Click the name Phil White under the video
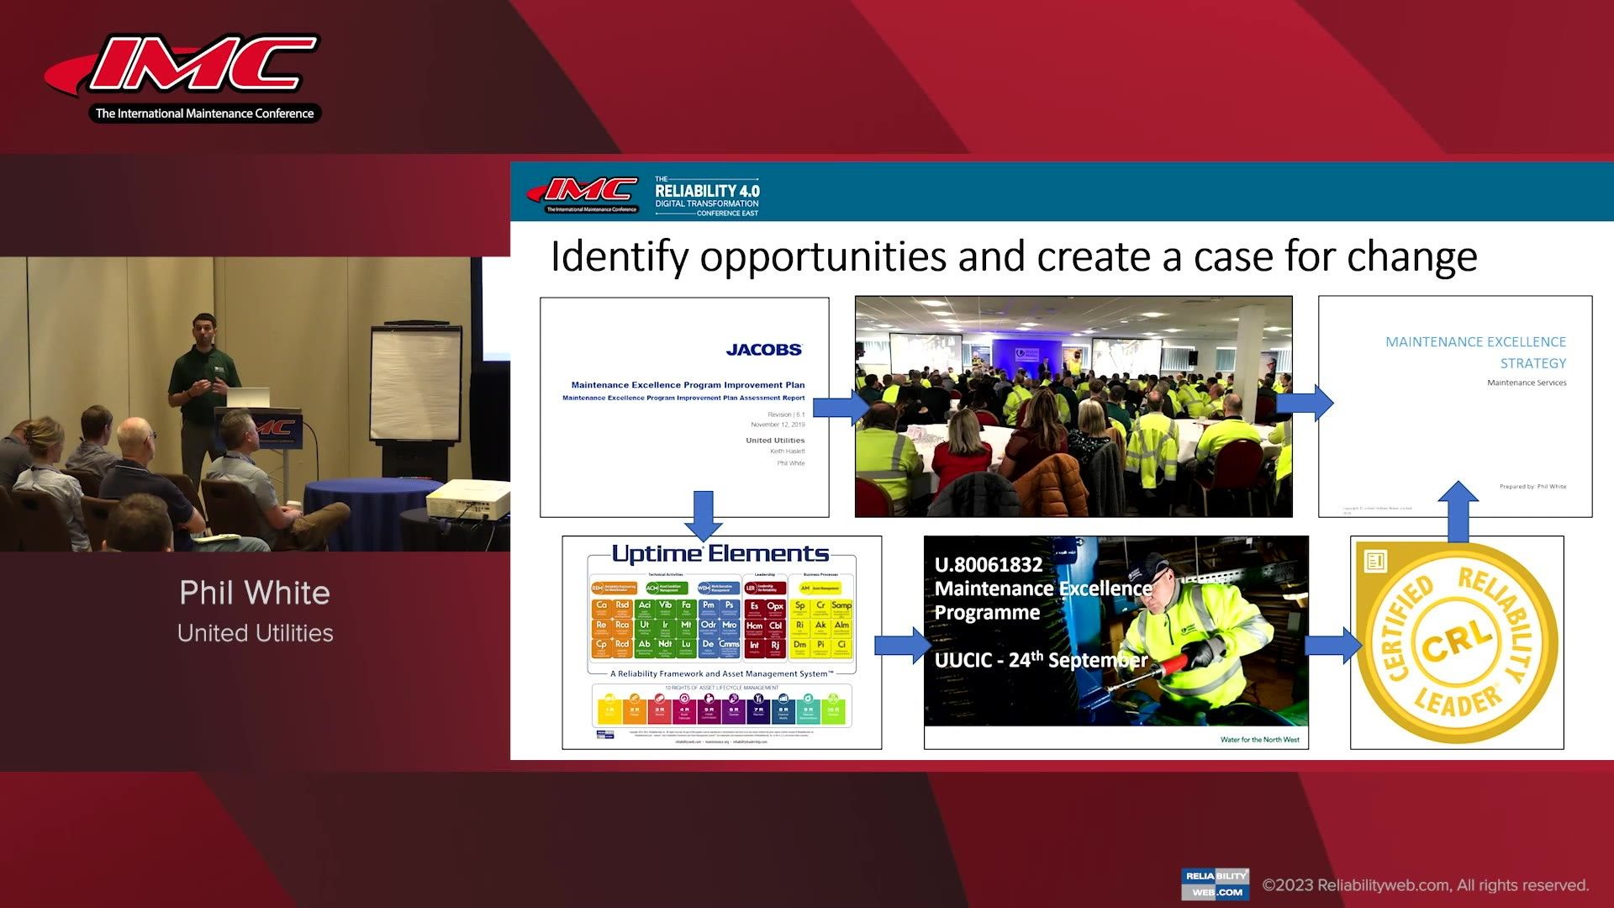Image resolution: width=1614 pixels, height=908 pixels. point(254,593)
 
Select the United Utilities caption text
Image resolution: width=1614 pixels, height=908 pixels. point(255,633)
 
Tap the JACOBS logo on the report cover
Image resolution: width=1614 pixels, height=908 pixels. point(763,350)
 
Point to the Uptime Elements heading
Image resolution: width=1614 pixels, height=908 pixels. point(720,553)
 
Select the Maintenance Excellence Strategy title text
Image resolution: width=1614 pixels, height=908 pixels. point(1475,352)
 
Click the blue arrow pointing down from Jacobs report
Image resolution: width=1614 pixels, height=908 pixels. point(703,514)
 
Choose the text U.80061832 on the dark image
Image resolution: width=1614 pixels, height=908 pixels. point(989,565)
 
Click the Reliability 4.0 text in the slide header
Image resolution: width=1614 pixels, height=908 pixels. point(707,192)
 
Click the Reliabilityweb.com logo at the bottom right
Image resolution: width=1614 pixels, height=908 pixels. point(1215,884)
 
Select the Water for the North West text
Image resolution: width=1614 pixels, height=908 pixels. point(1259,740)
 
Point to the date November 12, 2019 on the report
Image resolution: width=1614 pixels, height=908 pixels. point(778,425)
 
